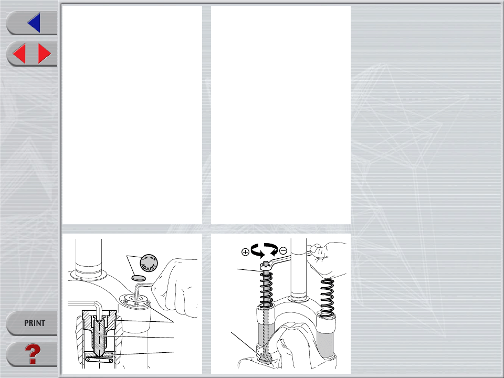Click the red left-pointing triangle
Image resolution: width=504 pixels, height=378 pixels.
coord(19,54)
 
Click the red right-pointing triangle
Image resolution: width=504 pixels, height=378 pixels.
coord(44,54)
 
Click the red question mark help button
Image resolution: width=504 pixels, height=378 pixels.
coord(33,354)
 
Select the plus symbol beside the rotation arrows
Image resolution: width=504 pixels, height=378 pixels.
coord(245,252)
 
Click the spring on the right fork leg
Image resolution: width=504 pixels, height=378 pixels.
coord(327,297)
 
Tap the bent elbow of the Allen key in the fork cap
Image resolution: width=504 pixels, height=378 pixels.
coord(138,284)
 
